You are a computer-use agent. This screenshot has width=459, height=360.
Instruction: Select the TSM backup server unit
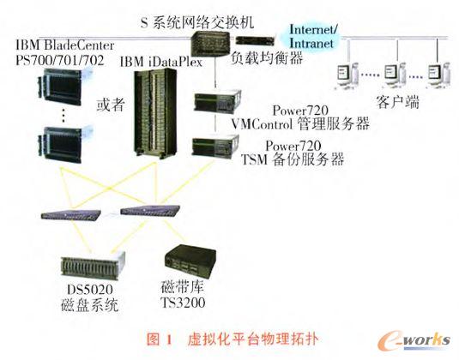pos(209,148)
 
